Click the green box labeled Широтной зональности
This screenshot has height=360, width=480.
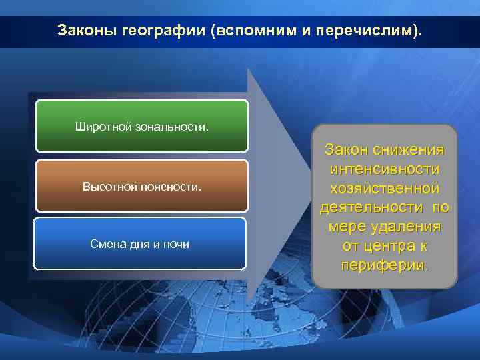[x=141, y=126]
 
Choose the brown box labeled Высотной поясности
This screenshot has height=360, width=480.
[x=141, y=185]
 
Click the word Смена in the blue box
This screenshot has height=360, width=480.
[x=107, y=245]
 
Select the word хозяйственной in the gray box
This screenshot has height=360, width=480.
[x=385, y=189]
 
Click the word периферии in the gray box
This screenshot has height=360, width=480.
[x=383, y=265]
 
